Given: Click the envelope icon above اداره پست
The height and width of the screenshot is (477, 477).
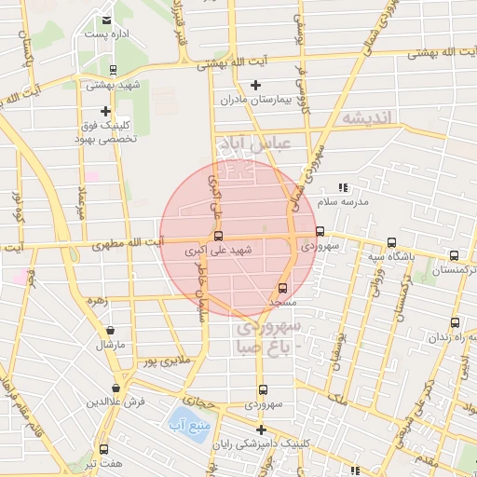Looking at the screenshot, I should tap(107, 20).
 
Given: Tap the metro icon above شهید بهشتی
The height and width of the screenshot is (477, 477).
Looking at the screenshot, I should tap(113, 70).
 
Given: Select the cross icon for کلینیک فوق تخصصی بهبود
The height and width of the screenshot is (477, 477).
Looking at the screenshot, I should tap(105, 111).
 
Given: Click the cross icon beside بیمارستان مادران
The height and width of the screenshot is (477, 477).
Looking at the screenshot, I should tap(256, 85).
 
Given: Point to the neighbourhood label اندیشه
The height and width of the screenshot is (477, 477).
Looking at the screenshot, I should tap(370, 118).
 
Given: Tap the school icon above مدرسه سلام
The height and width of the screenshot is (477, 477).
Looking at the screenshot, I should tap(343, 188).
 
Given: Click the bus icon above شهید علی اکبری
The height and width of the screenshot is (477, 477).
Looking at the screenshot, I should tap(219, 236).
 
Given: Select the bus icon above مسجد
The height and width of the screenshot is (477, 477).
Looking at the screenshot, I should tap(283, 288).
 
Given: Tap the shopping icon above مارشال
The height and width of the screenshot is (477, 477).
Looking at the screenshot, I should tap(111, 330).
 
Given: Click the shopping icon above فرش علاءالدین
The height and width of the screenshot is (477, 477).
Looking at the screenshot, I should tap(116, 388).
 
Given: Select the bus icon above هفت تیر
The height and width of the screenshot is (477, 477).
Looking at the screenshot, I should tap(103, 448).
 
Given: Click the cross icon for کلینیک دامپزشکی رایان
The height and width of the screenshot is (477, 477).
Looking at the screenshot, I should tap(262, 429).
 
